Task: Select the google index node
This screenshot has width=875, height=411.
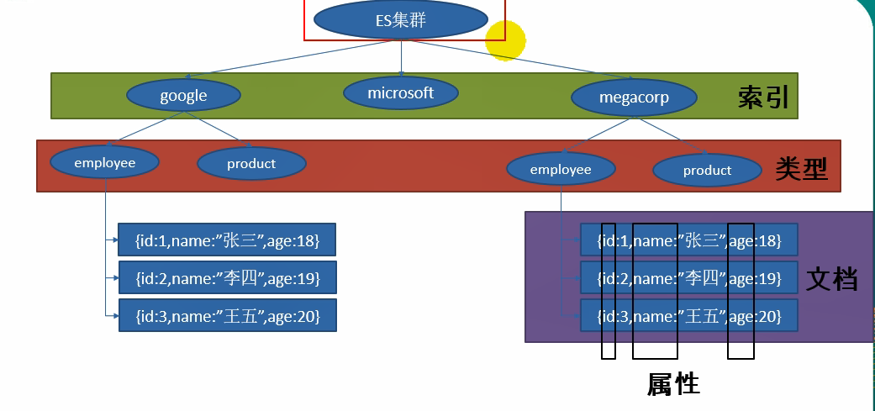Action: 183,95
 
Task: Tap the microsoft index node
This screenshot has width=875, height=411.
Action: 400,92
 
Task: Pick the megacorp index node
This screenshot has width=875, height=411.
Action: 634,97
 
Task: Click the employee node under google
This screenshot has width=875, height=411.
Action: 105,162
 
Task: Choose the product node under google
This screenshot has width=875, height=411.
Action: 250,163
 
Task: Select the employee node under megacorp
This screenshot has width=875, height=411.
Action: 561,170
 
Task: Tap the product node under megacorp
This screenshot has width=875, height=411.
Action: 707,170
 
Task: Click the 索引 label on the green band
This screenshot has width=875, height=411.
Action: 763,97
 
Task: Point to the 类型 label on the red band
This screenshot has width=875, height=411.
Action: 801,170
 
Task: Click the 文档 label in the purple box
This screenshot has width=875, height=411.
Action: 831,279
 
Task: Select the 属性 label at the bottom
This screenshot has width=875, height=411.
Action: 673,384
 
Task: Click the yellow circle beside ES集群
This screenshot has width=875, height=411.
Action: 506,40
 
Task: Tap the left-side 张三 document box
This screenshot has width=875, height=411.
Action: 226,241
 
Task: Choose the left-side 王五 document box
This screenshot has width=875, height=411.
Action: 226,316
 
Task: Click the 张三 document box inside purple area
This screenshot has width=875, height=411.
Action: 688,241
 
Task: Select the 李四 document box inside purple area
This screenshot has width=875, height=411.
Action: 688,277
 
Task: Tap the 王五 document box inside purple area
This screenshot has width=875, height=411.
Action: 688,316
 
